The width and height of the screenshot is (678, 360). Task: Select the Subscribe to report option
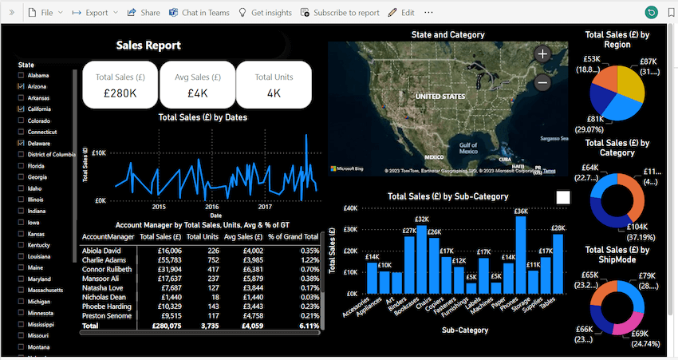pos(340,13)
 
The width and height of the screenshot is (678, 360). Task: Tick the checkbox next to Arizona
pos(21,85)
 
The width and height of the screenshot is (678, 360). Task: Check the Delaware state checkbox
pos(21,143)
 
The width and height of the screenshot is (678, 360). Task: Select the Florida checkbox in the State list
pos(21,166)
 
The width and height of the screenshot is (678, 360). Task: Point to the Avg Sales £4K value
pos(197,93)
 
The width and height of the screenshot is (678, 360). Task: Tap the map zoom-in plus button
pos(542,54)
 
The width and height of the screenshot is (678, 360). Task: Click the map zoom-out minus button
pos(542,82)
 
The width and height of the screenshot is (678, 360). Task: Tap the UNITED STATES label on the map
pos(439,96)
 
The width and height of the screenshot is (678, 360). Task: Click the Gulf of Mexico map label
pos(468,147)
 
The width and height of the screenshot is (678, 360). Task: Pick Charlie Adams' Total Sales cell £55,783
pos(160,261)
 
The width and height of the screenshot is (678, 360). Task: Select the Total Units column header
pos(203,237)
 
